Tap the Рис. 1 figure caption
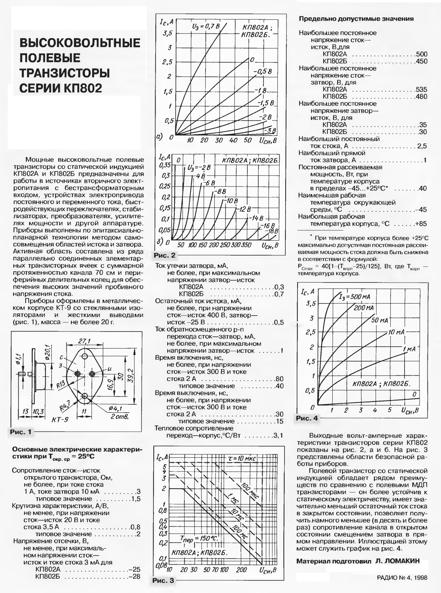point(20,432)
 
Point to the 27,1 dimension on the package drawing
point(84,341)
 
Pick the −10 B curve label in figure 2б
point(230,201)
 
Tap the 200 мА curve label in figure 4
point(364,308)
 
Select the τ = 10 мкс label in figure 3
point(240,459)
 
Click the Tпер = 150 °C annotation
point(199,538)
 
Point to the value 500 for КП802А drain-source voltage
point(421,54)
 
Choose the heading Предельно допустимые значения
point(356,19)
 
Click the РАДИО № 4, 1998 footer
point(402,578)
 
